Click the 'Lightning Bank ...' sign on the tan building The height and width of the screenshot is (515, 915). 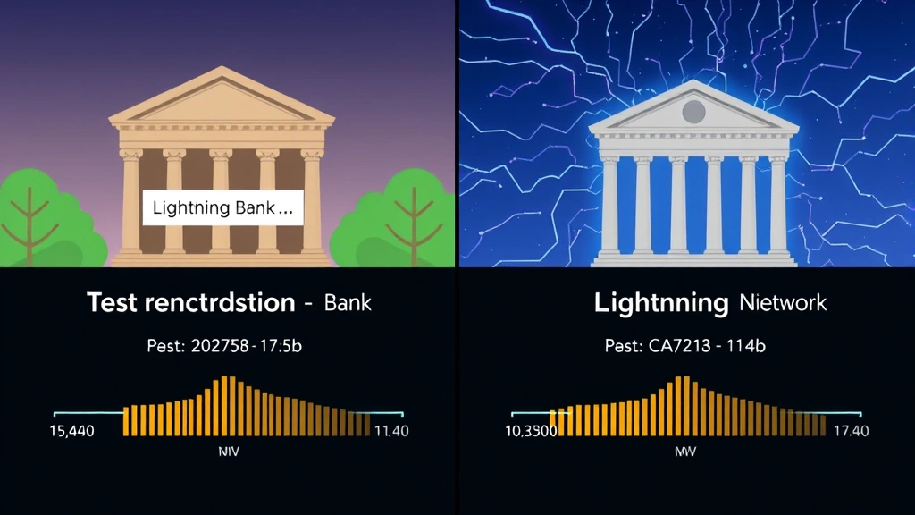[224, 209]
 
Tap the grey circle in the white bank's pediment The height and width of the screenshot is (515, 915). [693, 112]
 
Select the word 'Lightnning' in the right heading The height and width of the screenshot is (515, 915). [660, 302]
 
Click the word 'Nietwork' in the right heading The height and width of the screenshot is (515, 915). [783, 302]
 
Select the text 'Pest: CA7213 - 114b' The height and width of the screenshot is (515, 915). [686, 346]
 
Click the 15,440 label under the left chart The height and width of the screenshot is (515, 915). [72, 431]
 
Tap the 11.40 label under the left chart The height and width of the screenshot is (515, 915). [390, 431]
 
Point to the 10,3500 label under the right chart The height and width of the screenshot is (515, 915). [531, 431]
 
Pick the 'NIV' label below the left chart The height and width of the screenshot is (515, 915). [229, 452]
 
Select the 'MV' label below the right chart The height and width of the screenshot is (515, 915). [685, 452]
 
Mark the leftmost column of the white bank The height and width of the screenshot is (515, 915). [610, 206]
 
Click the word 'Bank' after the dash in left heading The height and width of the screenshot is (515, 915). [348, 302]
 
